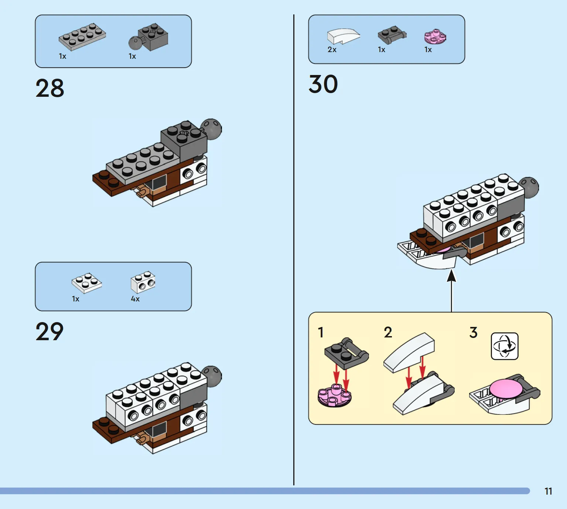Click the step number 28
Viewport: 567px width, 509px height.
(x=50, y=88)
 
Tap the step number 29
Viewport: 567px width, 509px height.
(x=50, y=331)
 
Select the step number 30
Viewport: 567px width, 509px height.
(x=323, y=84)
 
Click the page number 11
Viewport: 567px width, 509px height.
(x=548, y=491)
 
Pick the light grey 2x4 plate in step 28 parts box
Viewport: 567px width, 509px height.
(x=82, y=37)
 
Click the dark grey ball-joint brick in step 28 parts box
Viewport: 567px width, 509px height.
(x=148, y=37)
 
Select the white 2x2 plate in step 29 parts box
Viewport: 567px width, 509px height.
(x=87, y=283)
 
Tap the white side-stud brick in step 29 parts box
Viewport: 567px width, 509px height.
(x=143, y=282)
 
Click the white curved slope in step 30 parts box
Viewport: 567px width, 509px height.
(x=344, y=36)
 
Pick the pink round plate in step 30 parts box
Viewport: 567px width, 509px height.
(x=435, y=36)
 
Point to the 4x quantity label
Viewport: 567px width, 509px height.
(x=135, y=299)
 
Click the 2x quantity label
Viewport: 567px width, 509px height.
(x=332, y=49)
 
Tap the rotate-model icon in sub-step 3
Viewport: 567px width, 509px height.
(x=505, y=346)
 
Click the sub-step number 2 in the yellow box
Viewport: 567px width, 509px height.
(x=388, y=332)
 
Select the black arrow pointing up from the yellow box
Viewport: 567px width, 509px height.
(x=451, y=291)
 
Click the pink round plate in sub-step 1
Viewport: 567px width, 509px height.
(x=334, y=395)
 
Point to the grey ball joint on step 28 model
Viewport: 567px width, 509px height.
(x=211, y=129)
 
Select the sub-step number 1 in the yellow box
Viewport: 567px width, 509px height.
(x=321, y=332)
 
